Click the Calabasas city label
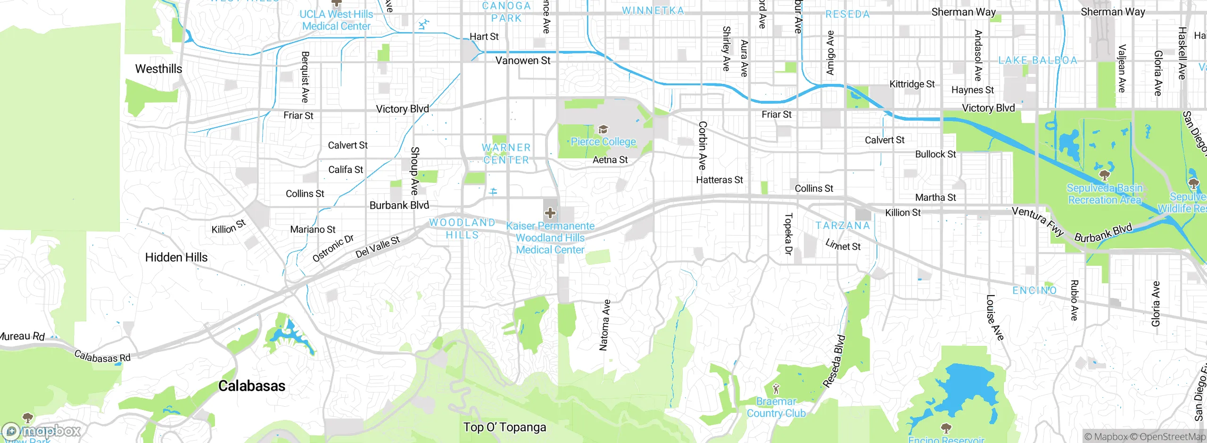pyautogui.click(x=252, y=386)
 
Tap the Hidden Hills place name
pyautogui.click(x=176, y=257)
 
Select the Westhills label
pyautogui.click(x=158, y=69)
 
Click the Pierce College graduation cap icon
pyautogui.click(x=603, y=130)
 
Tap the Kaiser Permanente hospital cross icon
pyautogui.click(x=550, y=213)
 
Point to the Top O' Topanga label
pyautogui.click(x=504, y=427)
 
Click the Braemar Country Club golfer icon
pyautogui.click(x=776, y=389)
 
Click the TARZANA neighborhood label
pyautogui.click(x=843, y=226)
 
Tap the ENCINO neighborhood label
pyautogui.click(x=1034, y=290)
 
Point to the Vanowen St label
pyautogui.click(x=522, y=60)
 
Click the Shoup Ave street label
pyautogui.click(x=414, y=171)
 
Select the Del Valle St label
pyautogui.click(x=378, y=247)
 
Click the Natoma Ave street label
pyautogui.click(x=604, y=325)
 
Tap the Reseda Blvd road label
pyautogui.click(x=834, y=361)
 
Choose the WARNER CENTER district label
pyautogui.click(x=506, y=154)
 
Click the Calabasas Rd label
pyautogui.click(x=102, y=357)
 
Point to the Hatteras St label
pyautogui.click(x=719, y=180)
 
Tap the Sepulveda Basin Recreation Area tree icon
pyautogui.click(x=1104, y=175)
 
